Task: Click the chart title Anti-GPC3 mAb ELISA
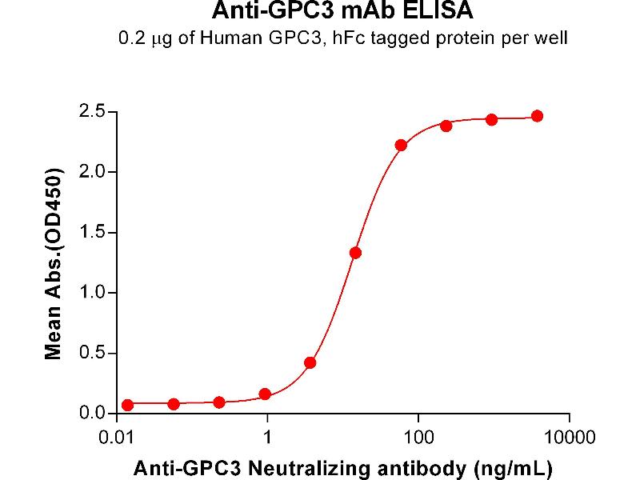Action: tap(320, 12)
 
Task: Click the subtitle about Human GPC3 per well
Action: tap(320, 38)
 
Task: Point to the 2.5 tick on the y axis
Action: tap(95, 111)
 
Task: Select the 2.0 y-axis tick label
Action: tap(95, 172)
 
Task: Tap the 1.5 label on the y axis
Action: tap(95, 233)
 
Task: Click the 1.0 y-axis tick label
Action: tap(95, 293)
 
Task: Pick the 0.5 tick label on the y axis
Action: tap(95, 354)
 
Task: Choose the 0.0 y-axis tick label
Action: tap(95, 414)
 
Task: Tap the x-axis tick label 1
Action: tap(268, 438)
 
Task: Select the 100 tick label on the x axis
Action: tap(418, 438)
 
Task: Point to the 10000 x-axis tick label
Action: tap(569, 438)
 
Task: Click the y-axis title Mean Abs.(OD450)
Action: tap(54, 264)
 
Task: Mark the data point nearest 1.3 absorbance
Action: tap(355, 253)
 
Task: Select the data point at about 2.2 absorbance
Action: tap(401, 145)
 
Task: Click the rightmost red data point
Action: tap(537, 116)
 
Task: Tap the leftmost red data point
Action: tap(128, 405)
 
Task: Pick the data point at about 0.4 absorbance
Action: tap(310, 362)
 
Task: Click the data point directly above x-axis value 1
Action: tap(265, 394)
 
